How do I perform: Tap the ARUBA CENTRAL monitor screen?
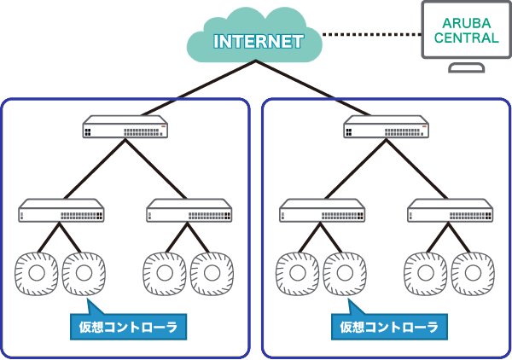pyautogui.click(x=466, y=31)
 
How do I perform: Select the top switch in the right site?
pyautogui.click(x=387, y=129)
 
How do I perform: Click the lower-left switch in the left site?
pyautogui.click(x=61, y=211)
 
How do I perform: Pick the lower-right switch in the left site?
pyautogui.click(x=189, y=211)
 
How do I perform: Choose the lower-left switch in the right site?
pyautogui.click(x=323, y=211)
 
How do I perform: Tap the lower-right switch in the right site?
pyautogui.click(x=450, y=211)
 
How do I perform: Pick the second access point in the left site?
pyautogui.click(x=84, y=272)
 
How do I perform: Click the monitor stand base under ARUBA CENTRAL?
pyautogui.click(x=466, y=68)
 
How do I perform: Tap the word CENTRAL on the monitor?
pyautogui.click(x=466, y=38)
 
